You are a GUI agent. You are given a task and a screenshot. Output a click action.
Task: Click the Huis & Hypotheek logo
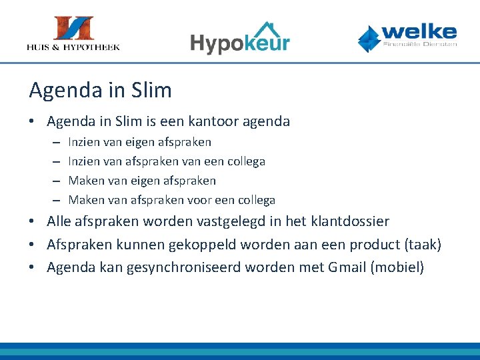(73, 33)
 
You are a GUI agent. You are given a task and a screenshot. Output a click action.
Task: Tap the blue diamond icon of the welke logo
(369, 38)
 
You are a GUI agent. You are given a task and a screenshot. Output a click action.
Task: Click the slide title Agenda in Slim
(100, 90)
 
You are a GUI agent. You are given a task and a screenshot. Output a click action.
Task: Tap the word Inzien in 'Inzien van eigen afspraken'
(84, 142)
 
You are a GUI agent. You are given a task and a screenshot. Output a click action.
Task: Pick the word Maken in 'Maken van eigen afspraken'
(86, 181)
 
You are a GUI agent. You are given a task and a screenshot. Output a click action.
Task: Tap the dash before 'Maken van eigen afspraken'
(54, 181)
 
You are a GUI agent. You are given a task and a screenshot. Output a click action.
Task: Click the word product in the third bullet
(367, 245)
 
